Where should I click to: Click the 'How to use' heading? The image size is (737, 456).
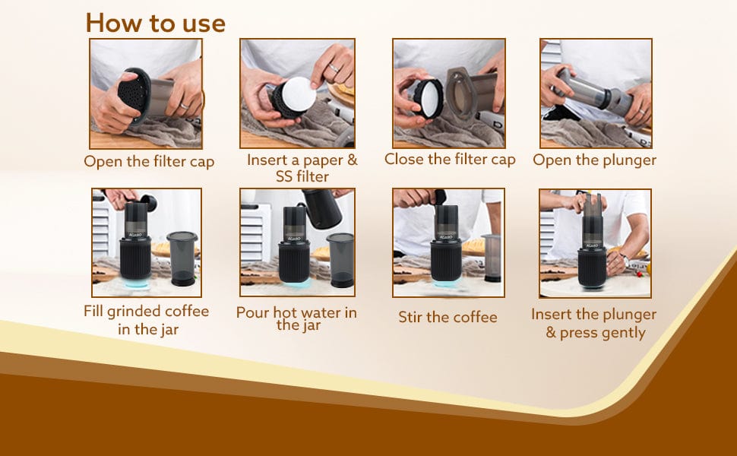coord(156,23)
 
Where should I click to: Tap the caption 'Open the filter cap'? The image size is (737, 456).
coord(149,161)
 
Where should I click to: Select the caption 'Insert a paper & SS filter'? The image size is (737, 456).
coord(302,168)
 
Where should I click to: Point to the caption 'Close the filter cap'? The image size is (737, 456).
coord(450,160)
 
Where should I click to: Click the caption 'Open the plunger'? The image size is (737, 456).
coord(595,160)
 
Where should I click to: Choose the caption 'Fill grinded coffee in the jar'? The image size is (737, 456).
coord(147,320)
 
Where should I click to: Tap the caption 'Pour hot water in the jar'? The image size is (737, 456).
coord(296,318)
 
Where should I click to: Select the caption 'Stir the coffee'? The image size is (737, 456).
coord(448,317)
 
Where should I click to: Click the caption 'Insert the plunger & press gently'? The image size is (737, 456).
coord(594,323)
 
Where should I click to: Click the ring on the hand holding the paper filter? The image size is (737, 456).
coord(334,68)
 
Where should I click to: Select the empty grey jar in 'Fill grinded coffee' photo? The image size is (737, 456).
coord(182,258)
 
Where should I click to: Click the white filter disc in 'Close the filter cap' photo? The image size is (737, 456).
coord(430,99)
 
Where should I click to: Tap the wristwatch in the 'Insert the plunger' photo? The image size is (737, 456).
coord(625,259)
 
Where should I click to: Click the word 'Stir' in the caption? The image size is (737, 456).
coord(410,317)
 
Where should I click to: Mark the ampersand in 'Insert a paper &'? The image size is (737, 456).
coord(352,160)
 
